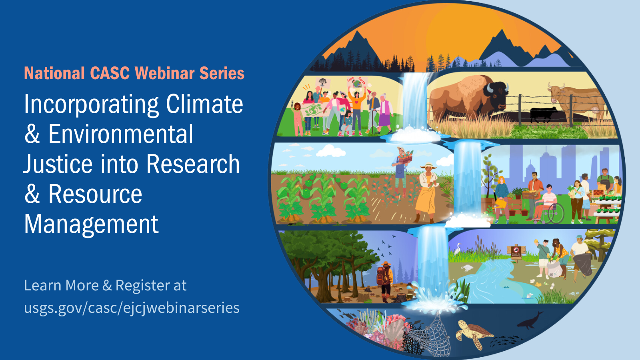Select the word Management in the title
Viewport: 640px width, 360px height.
click(91, 224)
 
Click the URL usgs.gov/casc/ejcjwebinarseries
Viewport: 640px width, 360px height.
click(132, 308)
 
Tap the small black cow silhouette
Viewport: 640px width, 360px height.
click(543, 114)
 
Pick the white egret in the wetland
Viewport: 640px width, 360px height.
click(458, 249)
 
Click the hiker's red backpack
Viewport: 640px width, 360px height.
click(383, 276)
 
